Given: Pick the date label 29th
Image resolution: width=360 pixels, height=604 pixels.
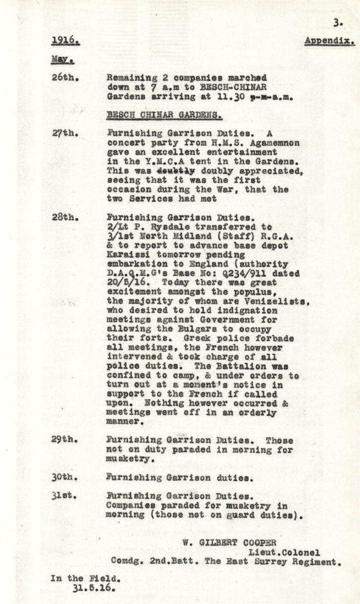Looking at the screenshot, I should (x=63, y=440).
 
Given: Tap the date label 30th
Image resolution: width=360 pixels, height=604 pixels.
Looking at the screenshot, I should (x=63, y=477).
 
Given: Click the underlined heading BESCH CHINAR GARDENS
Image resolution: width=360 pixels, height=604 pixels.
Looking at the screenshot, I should (x=164, y=115).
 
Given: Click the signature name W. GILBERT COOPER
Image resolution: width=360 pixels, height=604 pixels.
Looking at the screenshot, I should (x=228, y=543).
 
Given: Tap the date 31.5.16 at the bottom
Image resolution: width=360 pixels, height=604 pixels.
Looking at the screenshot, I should (x=93, y=588).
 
